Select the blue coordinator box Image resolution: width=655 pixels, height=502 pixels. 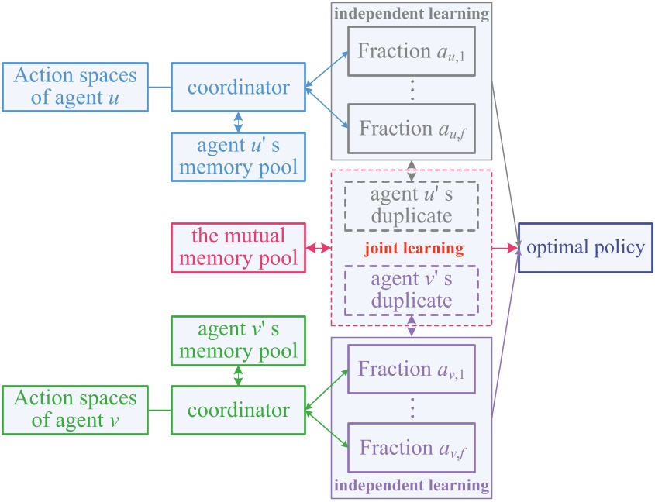click(x=238, y=88)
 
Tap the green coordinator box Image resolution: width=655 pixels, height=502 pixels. click(x=238, y=410)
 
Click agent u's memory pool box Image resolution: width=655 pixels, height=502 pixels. click(x=238, y=156)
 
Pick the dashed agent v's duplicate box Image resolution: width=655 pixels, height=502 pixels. click(x=411, y=288)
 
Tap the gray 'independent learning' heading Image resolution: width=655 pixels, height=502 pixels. click(x=411, y=13)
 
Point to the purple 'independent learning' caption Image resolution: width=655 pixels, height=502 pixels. click(x=411, y=487)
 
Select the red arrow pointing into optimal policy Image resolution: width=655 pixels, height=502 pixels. click(x=505, y=248)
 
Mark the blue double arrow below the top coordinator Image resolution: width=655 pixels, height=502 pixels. click(x=238, y=122)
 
